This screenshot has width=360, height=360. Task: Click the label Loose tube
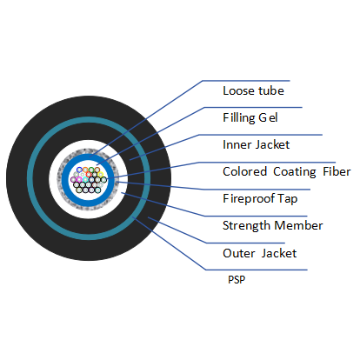[x=253, y=90]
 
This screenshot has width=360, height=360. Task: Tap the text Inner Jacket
[x=256, y=144]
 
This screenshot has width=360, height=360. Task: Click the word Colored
[x=245, y=171]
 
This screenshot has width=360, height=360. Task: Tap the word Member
[x=301, y=225]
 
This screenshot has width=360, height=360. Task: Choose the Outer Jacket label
[x=259, y=253]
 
